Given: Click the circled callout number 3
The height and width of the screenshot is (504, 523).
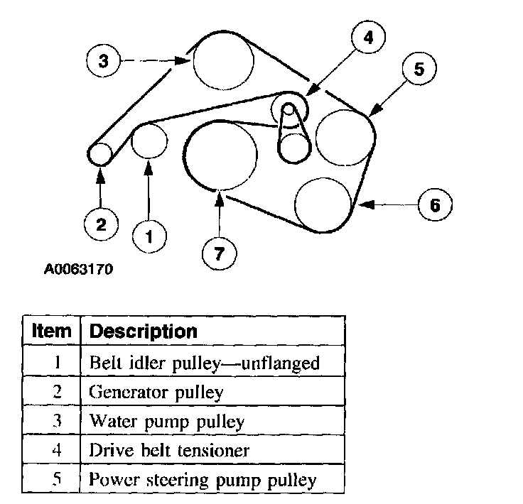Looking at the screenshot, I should pyautogui.click(x=103, y=61).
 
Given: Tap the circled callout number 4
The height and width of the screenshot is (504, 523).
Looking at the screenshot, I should pyautogui.click(x=367, y=39).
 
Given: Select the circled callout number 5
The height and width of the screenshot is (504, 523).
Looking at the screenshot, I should pyautogui.click(x=418, y=69).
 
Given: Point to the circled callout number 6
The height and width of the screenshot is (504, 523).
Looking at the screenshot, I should pyautogui.click(x=435, y=205).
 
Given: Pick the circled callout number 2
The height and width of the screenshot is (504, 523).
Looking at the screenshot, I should pyautogui.click(x=101, y=225).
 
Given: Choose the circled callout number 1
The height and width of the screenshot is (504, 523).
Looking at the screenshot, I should pyautogui.click(x=149, y=237).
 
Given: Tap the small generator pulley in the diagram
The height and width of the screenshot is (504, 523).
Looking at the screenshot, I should pyautogui.click(x=100, y=153).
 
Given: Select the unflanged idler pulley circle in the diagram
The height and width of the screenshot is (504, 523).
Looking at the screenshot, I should pyautogui.click(x=149, y=140).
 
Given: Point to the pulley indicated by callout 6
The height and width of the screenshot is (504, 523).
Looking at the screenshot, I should pyautogui.click(x=323, y=204).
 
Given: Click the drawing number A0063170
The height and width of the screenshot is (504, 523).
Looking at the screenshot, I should pyautogui.click(x=78, y=270).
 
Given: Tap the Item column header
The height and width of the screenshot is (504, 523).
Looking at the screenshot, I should pyautogui.click(x=52, y=331).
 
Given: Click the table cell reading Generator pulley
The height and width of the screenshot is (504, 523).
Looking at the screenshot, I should pyautogui.click(x=156, y=391).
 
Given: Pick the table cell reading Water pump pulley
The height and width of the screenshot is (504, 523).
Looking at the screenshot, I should pyautogui.click(x=167, y=421).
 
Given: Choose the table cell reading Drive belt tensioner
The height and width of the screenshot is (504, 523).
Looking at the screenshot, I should pyautogui.click(x=169, y=450).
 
